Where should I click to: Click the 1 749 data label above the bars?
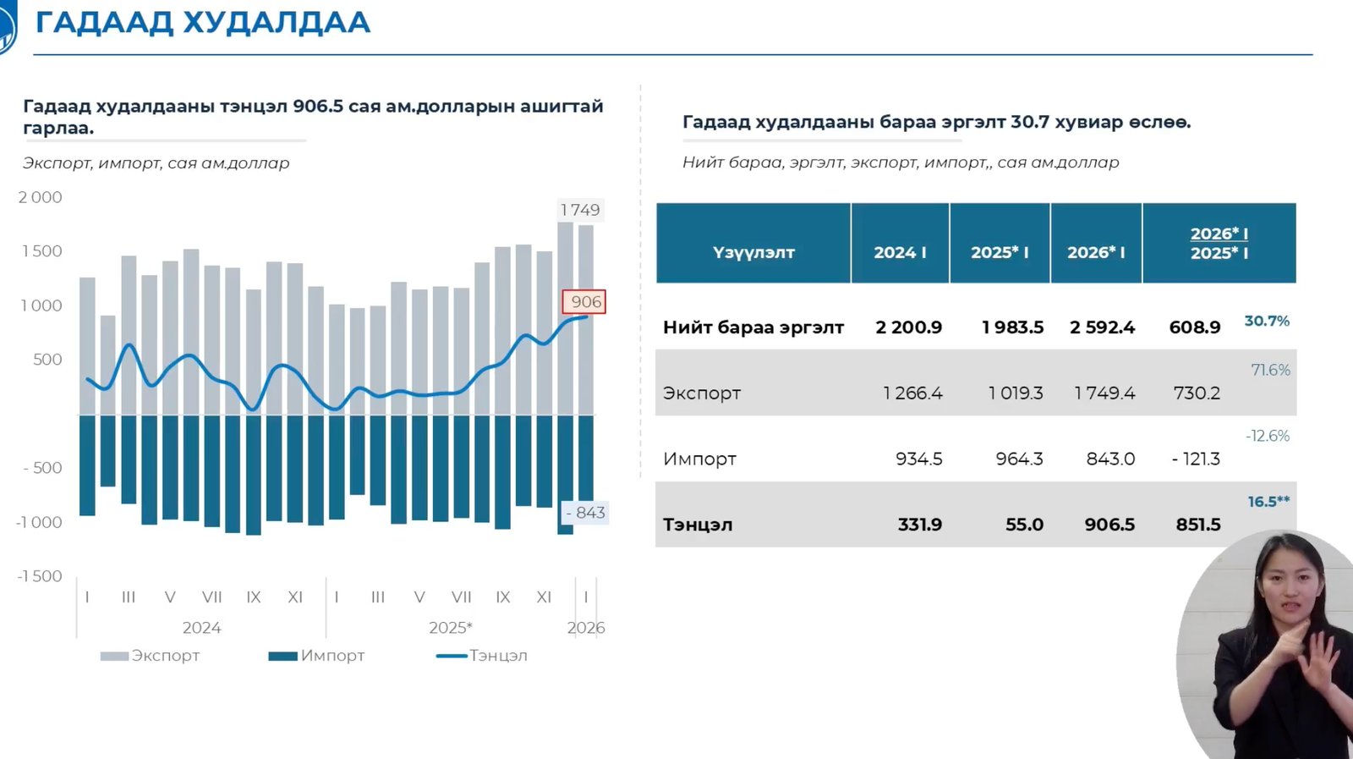click(x=580, y=210)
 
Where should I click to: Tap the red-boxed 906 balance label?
click(x=585, y=302)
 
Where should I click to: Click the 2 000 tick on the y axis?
click(x=41, y=197)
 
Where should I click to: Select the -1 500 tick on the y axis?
click(x=40, y=576)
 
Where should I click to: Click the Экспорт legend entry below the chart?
click(x=151, y=656)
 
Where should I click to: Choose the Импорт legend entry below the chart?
click(x=317, y=656)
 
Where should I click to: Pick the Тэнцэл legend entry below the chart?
click(x=482, y=656)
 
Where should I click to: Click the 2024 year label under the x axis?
click(x=201, y=628)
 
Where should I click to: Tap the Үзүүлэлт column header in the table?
click(x=753, y=252)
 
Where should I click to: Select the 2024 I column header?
click(x=900, y=252)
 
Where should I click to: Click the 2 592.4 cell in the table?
click(x=1102, y=327)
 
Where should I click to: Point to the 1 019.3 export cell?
click(x=1016, y=393)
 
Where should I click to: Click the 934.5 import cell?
click(x=919, y=459)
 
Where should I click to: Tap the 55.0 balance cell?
click(x=1024, y=525)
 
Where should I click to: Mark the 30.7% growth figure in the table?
click(x=1266, y=322)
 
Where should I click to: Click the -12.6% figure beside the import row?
click(x=1268, y=436)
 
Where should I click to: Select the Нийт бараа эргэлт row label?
click(x=753, y=327)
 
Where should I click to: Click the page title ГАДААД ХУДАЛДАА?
click(x=203, y=23)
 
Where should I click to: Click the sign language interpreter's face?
click(x=1288, y=586)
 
